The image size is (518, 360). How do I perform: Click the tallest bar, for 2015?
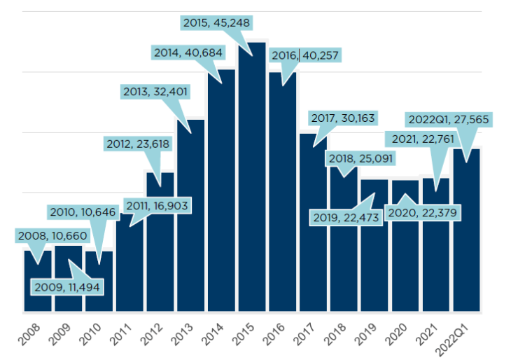click(252, 182)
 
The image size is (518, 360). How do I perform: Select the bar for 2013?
click(190, 217)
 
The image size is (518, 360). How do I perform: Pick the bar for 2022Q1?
click(466, 231)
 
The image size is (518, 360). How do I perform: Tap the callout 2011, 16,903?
click(158, 205)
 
